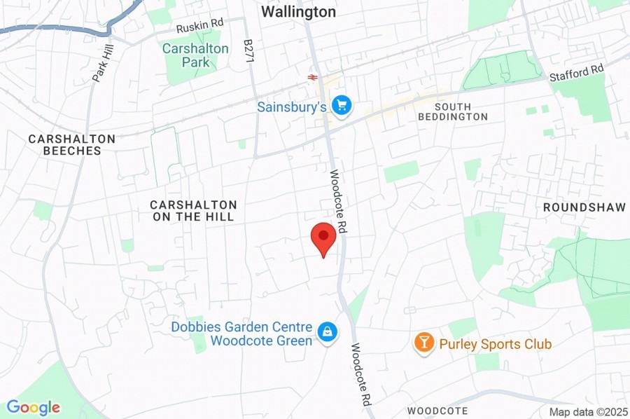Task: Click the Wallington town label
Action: tap(298, 12)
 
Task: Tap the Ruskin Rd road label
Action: tap(199, 25)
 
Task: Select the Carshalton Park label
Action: tap(195, 55)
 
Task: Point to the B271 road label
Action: tap(248, 50)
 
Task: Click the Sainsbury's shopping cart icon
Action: tap(341, 106)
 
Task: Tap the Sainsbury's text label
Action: tap(292, 107)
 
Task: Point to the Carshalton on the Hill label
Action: tap(194, 210)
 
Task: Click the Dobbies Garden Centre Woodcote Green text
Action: tap(241, 334)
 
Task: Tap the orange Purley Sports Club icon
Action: tap(423, 343)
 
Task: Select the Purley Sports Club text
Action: tap(495, 344)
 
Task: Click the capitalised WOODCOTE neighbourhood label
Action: tap(437, 411)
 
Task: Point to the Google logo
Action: tap(33, 407)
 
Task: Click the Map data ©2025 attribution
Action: tap(587, 412)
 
